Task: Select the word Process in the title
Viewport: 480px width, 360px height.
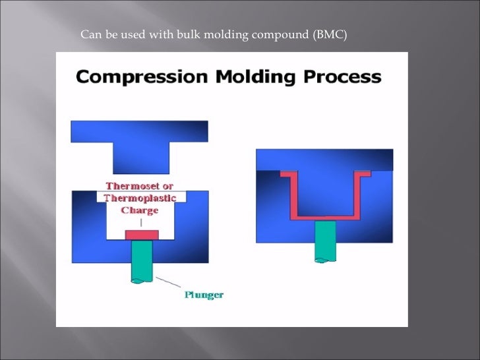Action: pos(342,76)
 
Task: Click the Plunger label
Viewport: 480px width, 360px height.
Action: pos(203,295)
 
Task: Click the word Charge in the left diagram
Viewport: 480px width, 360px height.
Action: pos(140,210)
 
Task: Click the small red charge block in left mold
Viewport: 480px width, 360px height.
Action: pos(141,235)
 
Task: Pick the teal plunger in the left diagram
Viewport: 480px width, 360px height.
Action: pos(142,260)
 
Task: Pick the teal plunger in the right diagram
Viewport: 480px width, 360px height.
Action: pos(324,241)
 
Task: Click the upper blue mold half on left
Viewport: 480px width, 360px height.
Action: pos(139,131)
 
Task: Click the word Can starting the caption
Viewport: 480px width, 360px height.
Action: pos(89,34)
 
